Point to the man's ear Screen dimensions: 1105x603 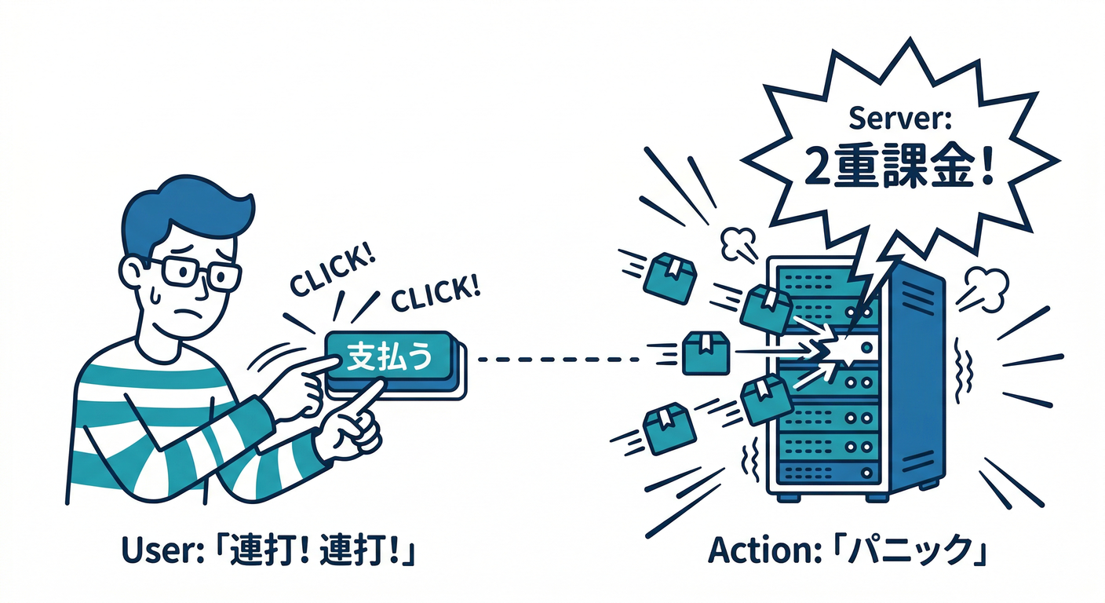click(132, 272)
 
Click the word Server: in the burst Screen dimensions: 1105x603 click(900, 119)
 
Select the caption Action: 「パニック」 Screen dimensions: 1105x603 click(847, 550)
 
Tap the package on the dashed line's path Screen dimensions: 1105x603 click(706, 353)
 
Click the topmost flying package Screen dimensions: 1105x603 click(670, 278)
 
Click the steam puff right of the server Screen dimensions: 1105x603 click(983, 290)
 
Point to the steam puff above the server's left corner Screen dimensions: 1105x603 click(738, 243)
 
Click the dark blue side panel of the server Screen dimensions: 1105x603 click(916, 378)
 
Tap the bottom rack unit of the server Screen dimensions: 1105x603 click(828, 472)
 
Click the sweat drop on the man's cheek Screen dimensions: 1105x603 click(155, 295)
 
